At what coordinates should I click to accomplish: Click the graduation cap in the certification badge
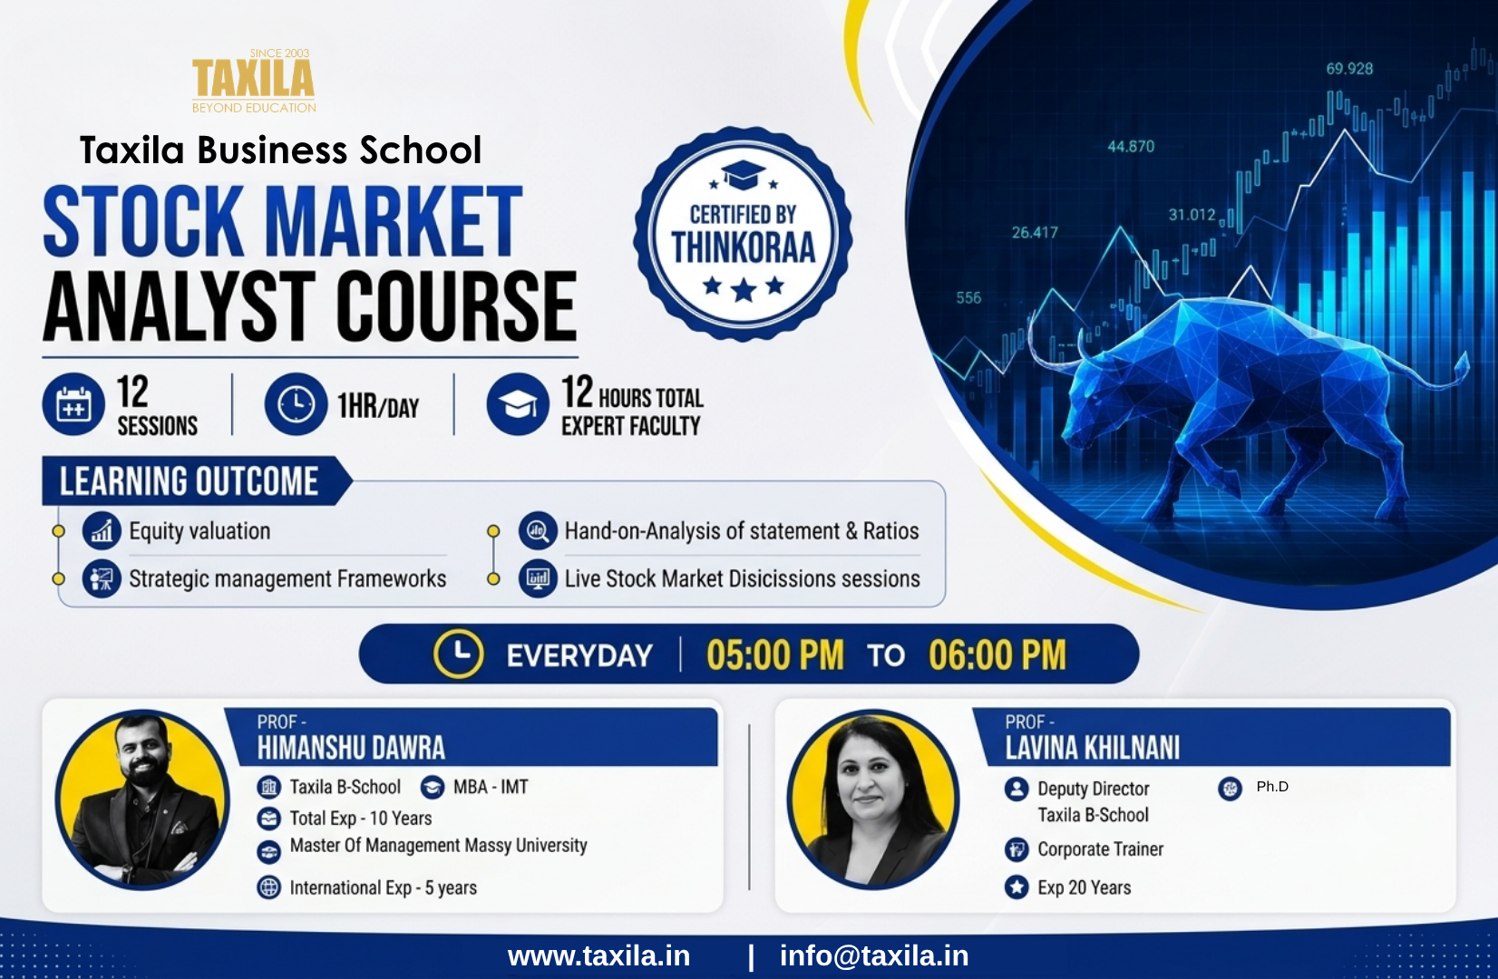(743, 175)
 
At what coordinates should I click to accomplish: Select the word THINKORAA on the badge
(743, 247)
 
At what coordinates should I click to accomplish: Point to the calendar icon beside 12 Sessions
(73, 404)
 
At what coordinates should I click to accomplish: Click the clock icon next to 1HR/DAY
(296, 404)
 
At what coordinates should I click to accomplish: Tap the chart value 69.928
(1349, 68)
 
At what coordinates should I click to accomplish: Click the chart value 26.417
(1035, 233)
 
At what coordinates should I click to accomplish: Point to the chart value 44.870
(1131, 147)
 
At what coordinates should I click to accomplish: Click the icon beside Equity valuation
(102, 531)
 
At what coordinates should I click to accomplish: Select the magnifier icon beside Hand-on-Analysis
(538, 531)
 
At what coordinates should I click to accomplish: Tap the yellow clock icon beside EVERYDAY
(458, 654)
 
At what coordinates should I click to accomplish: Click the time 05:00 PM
(775, 654)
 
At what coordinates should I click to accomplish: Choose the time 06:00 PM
(997, 654)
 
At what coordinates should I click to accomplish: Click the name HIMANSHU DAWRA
(351, 748)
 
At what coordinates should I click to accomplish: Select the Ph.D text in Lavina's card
(1272, 787)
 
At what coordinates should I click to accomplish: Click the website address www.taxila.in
(598, 955)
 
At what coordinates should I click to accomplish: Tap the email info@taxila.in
(874, 955)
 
